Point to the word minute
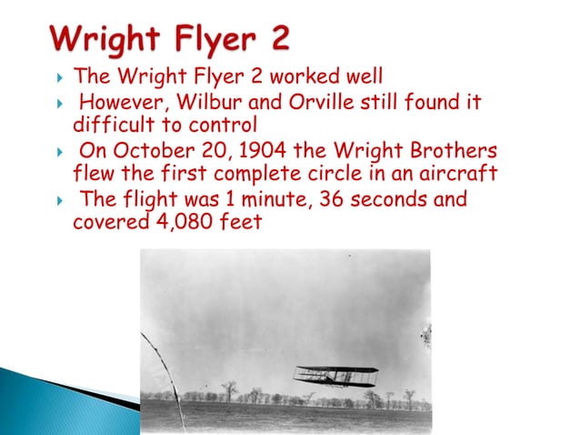pyautogui.click(x=249, y=199)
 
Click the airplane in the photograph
pyautogui.click(x=335, y=376)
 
